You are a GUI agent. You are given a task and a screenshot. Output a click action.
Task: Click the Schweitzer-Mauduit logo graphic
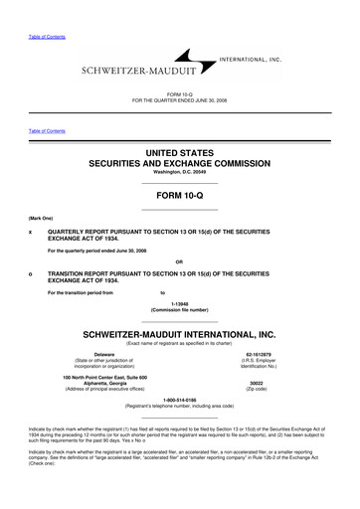182,66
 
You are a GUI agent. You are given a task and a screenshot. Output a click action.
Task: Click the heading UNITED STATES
180,153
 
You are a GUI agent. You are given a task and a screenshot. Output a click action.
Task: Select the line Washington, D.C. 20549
180,175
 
